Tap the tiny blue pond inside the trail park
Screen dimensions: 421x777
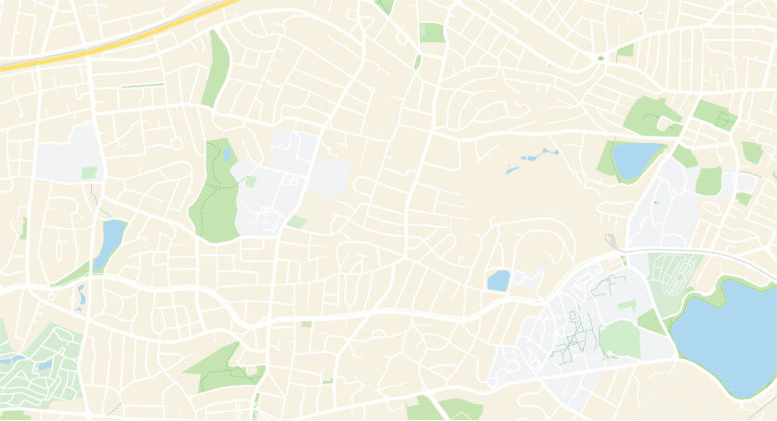[227, 154]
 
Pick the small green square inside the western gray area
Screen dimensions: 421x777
[89, 172]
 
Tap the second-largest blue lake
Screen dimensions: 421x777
[636, 159]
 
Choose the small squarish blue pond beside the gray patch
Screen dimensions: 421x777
[499, 280]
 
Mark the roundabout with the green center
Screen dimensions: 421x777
[600, 59]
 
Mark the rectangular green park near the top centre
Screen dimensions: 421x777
[431, 33]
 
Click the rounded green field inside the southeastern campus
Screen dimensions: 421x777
[619, 339]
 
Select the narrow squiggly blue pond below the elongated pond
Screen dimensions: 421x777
[81, 296]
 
